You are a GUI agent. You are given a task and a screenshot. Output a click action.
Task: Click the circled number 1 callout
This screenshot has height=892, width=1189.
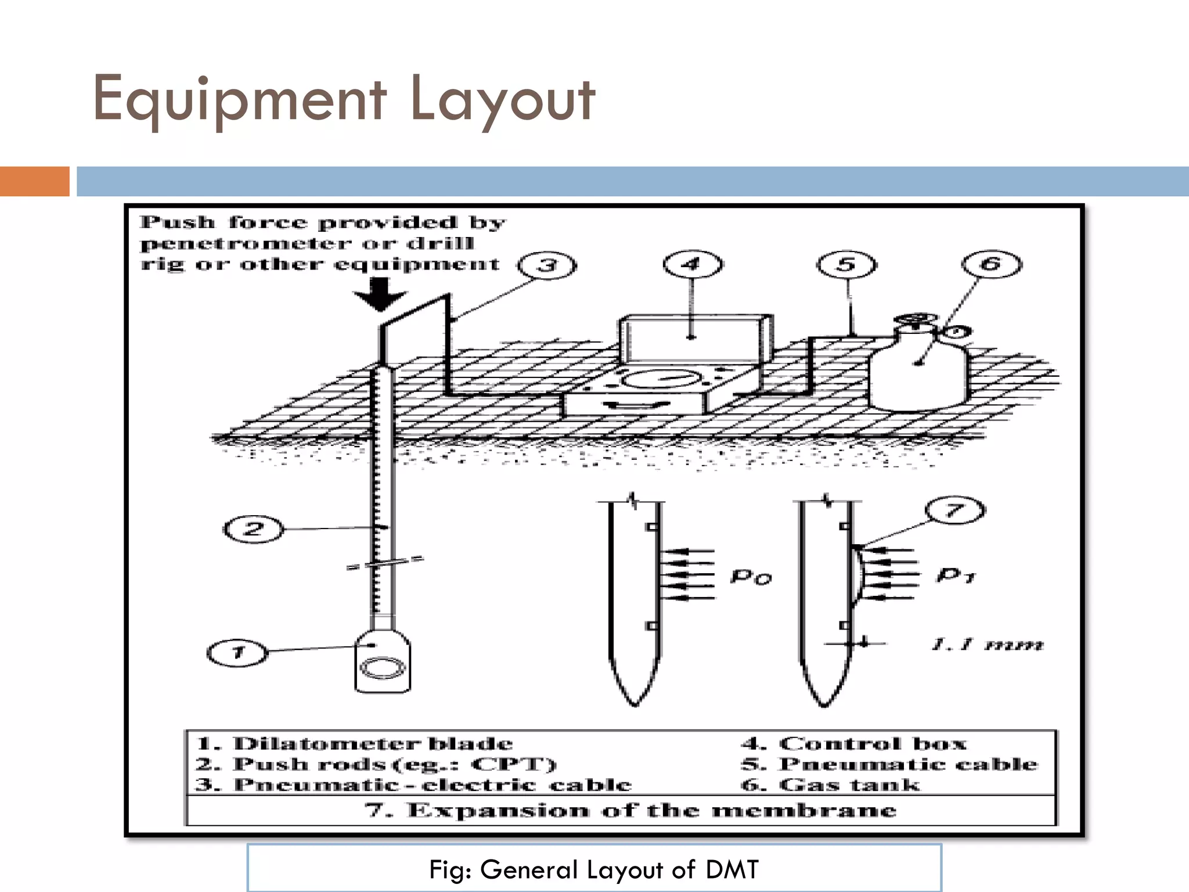(x=237, y=653)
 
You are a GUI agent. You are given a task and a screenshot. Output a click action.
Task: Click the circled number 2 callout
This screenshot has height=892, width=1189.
(x=254, y=529)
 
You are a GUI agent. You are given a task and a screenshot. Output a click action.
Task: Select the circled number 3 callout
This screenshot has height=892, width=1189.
(x=547, y=266)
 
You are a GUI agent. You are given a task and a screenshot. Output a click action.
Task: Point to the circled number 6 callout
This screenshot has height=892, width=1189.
(x=991, y=265)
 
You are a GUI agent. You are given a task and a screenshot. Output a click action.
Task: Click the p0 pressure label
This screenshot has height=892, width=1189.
(x=750, y=577)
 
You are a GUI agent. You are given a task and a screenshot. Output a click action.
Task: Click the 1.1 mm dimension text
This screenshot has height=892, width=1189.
(x=987, y=645)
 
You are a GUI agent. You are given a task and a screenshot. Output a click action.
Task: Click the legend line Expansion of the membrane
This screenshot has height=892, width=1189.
(x=630, y=810)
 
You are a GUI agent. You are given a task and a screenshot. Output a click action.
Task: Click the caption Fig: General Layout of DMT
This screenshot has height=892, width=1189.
(x=593, y=870)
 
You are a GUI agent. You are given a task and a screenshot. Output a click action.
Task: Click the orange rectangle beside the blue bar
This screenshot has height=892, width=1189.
(x=34, y=181)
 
